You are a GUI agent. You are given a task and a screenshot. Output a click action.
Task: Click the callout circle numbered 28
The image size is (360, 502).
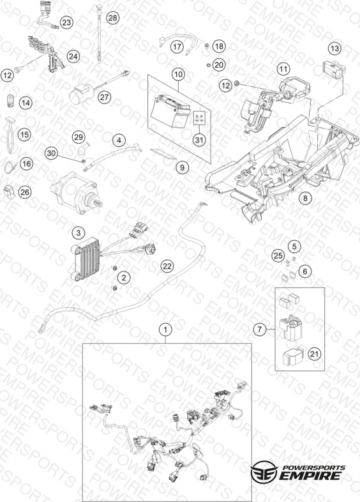[112, 18]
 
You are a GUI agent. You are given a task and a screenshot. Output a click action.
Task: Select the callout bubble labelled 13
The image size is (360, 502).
[334, 49]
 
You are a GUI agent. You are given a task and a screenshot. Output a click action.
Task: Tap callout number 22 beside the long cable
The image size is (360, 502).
[167, 266]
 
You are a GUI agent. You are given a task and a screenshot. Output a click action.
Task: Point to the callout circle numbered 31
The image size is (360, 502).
[199, 140]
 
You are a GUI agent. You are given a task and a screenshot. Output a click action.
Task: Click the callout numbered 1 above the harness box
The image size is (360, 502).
[165, 329]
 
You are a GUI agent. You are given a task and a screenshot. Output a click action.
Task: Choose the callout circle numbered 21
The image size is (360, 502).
[314, 354]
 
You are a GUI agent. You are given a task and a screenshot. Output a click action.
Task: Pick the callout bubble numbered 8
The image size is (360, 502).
[305, 198]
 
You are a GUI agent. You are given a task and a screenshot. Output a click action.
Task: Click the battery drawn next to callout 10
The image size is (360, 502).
[171, 111]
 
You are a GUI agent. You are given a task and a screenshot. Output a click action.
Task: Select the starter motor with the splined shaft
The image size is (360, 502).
[75, 193]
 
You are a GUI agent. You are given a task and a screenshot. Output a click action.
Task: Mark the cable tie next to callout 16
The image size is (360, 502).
[10, 167]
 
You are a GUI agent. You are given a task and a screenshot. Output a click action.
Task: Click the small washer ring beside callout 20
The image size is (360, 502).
[207, 66]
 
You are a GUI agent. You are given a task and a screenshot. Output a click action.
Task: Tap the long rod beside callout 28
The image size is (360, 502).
[100, 33]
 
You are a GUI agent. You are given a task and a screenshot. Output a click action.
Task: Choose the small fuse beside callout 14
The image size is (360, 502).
[10, 100]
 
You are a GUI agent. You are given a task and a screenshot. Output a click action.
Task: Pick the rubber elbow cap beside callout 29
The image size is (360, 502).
[83, 149]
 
